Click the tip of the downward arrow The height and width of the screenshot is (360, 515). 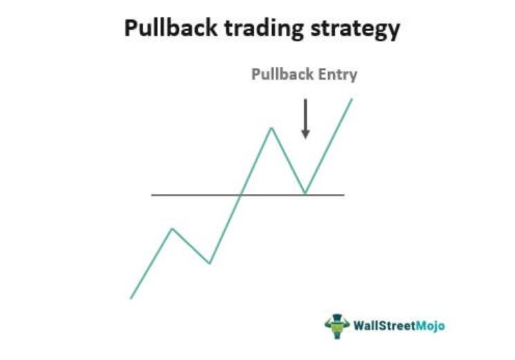click(305, 136)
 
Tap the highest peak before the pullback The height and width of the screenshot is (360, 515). click(271, 128)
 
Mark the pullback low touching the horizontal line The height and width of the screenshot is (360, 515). click(305, 194)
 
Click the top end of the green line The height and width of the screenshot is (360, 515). click(352, 99)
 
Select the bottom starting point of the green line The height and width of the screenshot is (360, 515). click(131, 298)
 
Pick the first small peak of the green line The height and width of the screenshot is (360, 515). click(172, 228)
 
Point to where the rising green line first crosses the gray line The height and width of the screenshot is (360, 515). click(240, 195)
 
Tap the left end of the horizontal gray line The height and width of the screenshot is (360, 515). click(153, 195)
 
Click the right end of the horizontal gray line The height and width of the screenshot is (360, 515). click(343, 195)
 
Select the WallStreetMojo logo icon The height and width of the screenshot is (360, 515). click(336, 324)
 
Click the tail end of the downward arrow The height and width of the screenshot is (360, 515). click(305, 99)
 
